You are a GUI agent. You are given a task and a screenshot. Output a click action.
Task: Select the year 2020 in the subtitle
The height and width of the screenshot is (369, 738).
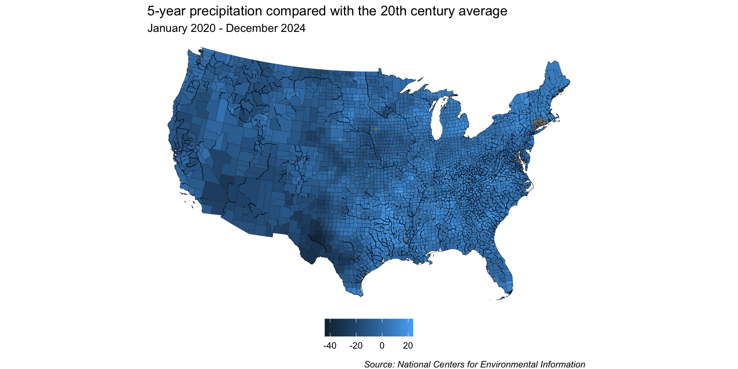203,28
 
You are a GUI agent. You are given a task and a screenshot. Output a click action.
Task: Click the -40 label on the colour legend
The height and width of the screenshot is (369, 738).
330,346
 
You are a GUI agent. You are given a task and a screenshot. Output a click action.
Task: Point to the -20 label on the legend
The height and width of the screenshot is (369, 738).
356,346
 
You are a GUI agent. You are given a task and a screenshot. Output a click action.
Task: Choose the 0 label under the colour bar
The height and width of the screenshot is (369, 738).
382,346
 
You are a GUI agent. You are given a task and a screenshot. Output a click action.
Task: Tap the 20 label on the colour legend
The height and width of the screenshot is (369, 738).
408,346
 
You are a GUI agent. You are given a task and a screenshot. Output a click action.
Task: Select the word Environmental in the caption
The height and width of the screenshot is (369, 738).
509,364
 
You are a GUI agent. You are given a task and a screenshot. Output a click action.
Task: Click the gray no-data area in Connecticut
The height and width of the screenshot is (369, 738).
540,124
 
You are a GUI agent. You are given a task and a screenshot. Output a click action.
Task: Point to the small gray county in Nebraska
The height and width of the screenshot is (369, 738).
376,129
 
